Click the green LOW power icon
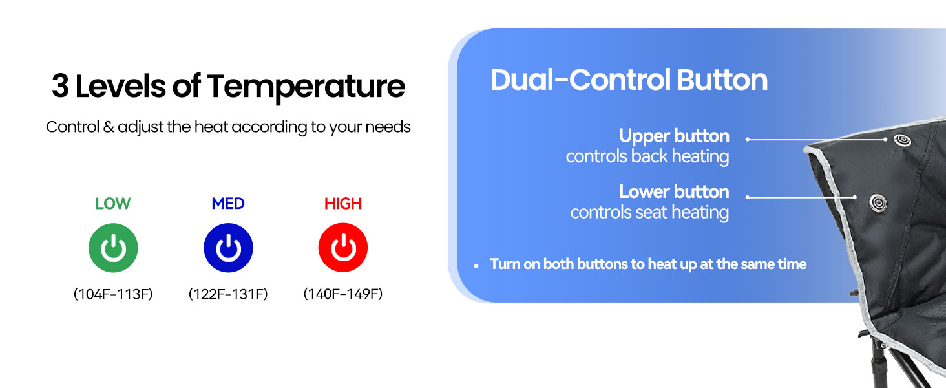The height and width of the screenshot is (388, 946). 113,248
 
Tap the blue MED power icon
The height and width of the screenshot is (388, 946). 228,248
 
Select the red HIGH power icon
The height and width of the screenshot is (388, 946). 343,248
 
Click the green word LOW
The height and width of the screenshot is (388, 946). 113,204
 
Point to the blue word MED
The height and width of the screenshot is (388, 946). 228,204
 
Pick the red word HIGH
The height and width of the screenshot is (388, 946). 343,204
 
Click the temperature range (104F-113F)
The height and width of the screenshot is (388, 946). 113,294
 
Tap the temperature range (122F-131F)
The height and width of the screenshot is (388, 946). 228,294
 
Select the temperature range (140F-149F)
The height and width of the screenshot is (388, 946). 343,294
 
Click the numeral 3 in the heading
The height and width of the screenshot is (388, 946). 60,86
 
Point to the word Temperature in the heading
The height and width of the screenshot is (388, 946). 306,87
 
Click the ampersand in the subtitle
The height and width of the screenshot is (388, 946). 109,127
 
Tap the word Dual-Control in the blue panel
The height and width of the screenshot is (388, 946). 580,80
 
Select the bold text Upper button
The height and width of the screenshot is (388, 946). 674,136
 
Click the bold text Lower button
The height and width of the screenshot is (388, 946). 674,192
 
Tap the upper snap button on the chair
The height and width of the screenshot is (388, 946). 902,140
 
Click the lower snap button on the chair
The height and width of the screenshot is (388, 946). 878,203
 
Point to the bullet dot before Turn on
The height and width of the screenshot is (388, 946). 476,266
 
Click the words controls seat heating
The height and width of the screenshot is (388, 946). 649,212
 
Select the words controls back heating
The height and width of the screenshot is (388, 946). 647,156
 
